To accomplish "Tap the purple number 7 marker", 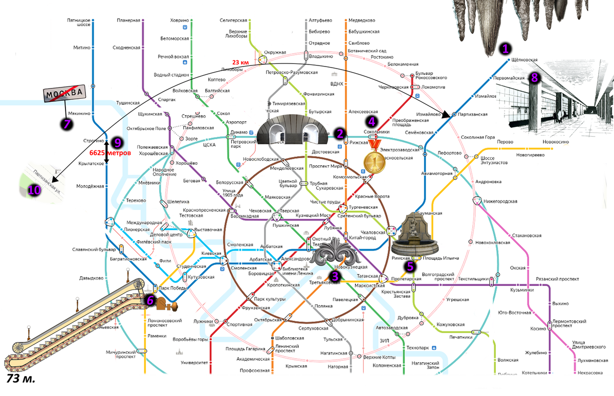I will click(67, 123).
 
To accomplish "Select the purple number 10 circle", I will click(34, 190).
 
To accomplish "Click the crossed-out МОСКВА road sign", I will click(64, 95).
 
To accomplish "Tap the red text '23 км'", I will click(241, 62).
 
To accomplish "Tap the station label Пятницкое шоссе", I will click(78, 23).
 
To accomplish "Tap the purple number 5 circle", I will click(409, 266).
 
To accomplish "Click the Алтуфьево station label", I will click(320, 20).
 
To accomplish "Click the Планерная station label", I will click(128, 20).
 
